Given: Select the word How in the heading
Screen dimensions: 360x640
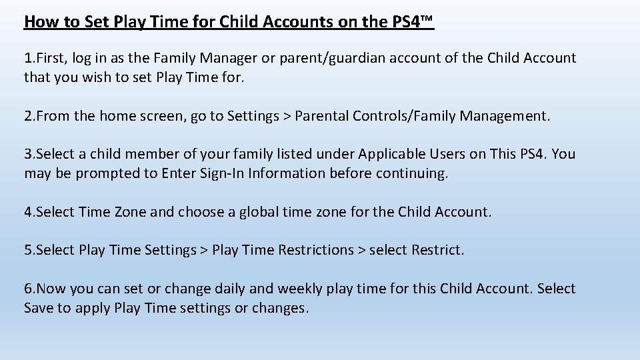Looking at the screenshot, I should pos(39,22).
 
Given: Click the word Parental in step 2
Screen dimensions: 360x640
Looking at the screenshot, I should pos(323,116).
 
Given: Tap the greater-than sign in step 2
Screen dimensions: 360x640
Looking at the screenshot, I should pos(287,116).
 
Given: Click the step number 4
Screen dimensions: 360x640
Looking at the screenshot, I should pos(28,212).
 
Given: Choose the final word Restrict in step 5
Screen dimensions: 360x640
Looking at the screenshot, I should pos(437,250).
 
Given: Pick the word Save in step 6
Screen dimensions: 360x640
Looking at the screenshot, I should pos(38,308).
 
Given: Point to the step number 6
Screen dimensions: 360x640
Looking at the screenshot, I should pos(28,289).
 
